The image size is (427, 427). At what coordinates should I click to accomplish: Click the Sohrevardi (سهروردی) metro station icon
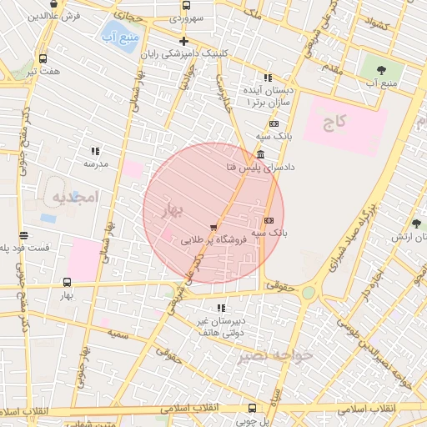(x=185, y=5)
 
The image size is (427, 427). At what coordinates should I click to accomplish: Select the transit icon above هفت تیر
(x=43, y=58)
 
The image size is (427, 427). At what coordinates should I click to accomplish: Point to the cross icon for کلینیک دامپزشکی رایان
(x=184, y=41)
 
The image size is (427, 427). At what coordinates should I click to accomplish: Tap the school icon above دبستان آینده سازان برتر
(x=268, y=77)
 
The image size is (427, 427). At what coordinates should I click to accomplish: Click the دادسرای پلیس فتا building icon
(x=261, y=155)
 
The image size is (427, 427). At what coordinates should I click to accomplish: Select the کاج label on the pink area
(x=334, y=123)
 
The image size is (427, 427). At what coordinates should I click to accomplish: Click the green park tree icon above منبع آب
(x=381, y=70)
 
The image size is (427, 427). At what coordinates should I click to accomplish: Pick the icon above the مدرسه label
(x=95, y=151)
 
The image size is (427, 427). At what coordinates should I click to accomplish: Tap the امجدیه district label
(x=75, y=197)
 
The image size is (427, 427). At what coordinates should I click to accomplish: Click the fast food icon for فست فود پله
(x=24, y=235)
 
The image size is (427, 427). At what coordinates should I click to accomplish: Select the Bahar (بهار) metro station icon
(x=67, y=282)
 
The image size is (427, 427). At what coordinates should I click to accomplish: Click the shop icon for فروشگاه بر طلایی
(x=215, y=227)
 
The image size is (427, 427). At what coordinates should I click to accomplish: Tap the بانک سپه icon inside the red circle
(x=269, y=220)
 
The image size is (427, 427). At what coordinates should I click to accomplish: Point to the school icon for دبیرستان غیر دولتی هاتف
(x=220, y=308)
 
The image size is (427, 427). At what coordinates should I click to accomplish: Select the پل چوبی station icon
(x=252, y=408)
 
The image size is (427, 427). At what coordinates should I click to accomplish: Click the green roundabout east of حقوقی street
(x=309, y=293)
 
